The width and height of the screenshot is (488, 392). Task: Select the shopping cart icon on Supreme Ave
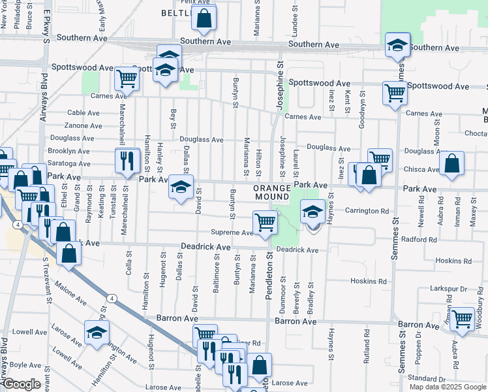[265, 223]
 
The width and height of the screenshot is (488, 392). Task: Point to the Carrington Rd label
[367, 211]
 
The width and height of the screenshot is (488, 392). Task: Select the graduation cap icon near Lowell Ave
[97, 333]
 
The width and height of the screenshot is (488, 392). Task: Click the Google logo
[21, 385]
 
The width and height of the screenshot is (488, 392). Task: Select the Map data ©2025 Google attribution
[447, 387]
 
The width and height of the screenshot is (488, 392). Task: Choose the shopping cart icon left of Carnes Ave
[127, 80]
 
